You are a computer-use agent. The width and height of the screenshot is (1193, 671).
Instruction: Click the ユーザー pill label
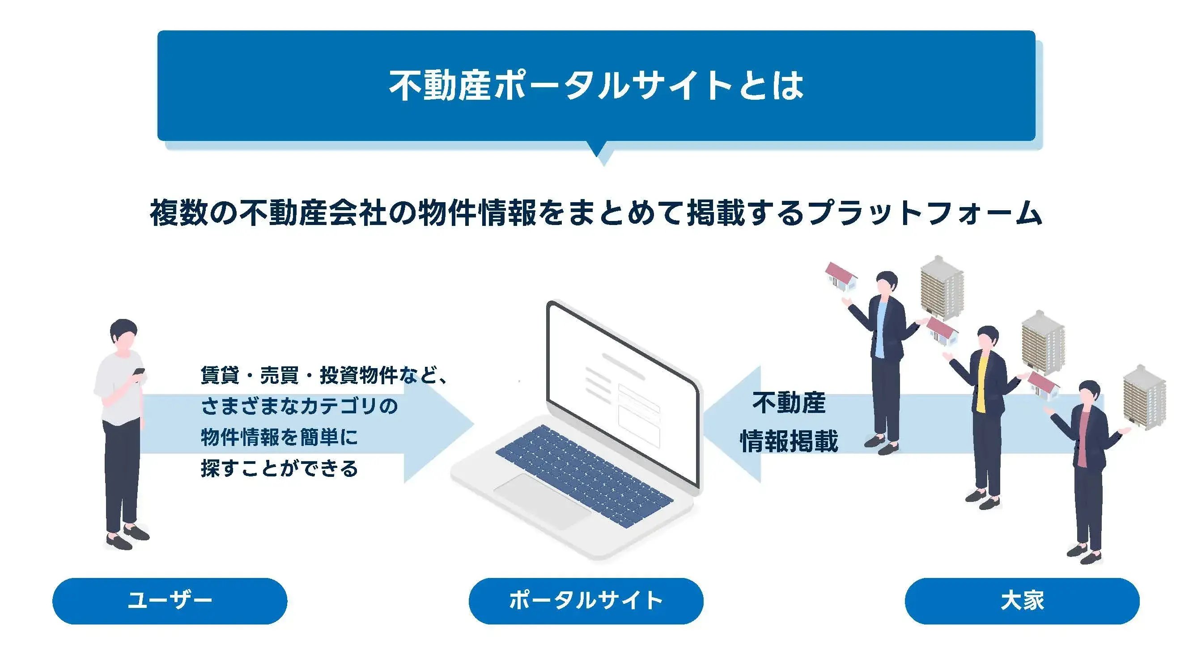(x=170, y=601)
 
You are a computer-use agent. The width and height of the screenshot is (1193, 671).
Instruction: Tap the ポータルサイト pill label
(x=586, y=601)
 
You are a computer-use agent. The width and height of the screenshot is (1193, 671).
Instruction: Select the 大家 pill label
(x=1022, y=601)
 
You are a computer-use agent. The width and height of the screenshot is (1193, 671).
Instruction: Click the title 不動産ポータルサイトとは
(x=596, y=86)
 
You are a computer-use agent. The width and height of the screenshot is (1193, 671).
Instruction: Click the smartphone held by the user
(x=139, y=372)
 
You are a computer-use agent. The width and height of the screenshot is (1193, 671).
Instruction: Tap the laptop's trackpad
(x=542, y=501)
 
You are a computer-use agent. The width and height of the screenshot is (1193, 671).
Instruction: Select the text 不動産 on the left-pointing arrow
(x=789, y=403)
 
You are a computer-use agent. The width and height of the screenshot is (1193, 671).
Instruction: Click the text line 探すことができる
(x=279, y=468)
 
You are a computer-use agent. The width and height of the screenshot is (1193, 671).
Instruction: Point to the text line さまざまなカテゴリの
(x=299, y=406)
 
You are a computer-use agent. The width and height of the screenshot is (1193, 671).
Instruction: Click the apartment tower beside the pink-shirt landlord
(x=1144, y=397)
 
